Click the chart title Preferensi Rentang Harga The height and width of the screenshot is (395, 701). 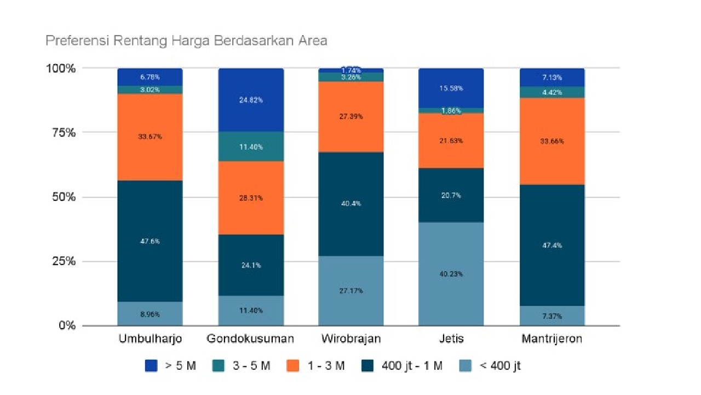(186, 41)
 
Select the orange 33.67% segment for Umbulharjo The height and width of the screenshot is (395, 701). (150, 137)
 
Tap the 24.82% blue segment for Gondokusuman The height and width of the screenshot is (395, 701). (251, 100)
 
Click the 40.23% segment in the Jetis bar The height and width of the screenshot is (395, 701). (451, 274)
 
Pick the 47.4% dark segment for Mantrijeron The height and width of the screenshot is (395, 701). (552, 245)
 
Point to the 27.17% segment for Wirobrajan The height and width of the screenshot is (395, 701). (351, 290)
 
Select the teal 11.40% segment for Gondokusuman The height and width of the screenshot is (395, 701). (251, 147)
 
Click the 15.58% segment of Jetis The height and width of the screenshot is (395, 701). (451, 88)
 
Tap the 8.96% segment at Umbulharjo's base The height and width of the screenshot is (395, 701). (150, 314)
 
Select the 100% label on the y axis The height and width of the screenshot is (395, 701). (59, 69)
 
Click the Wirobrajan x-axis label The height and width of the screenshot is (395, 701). (351, 338)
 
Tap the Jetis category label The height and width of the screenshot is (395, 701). (451, 338)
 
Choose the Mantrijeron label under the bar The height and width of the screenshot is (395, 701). (552, 338)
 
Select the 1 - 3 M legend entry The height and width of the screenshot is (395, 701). (315, 366)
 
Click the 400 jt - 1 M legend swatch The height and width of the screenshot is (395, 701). (367, 366)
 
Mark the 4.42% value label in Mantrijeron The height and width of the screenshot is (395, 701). (552, 92)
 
